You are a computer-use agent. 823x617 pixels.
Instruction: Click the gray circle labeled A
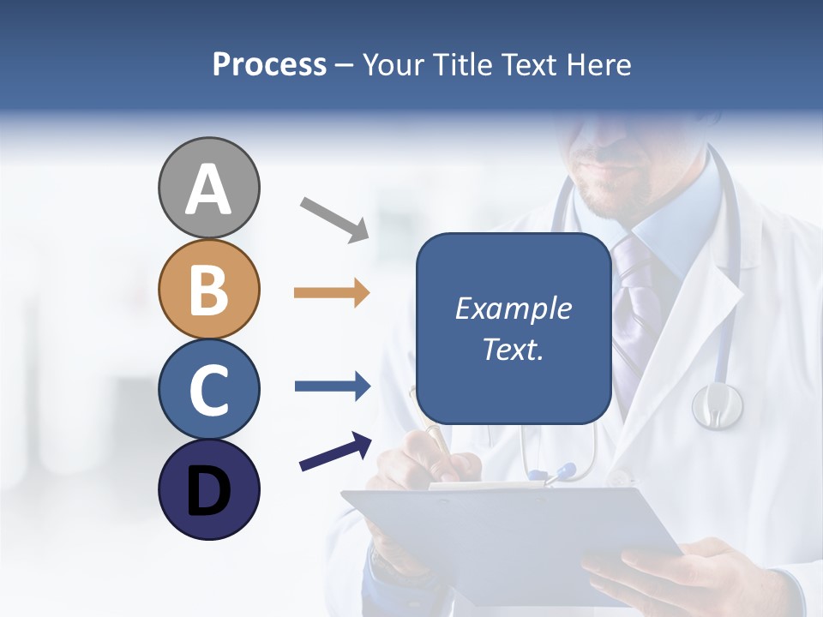click(x=208, y=188)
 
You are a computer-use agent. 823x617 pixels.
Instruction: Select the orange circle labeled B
click(x=208, y=289)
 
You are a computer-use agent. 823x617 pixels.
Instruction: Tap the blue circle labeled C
click(x=208, y=389)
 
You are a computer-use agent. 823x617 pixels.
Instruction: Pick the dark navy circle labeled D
click(x=208, y=489)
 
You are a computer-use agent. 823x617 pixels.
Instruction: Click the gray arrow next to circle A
click(x=334, y=219)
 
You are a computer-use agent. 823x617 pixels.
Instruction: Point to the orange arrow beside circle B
click(x=332, y=293)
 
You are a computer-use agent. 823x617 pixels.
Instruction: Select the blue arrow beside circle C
click(x=333, y=386)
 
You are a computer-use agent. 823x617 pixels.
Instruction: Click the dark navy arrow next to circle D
click(x=335, y=452)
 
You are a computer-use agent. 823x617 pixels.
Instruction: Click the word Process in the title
click(x=269, y=65)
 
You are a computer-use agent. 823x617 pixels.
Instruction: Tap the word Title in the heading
click(x=463, y=65)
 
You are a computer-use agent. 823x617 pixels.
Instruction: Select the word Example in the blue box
click(x=513, y=308)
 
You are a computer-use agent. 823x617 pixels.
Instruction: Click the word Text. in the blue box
click(x=513, y=349)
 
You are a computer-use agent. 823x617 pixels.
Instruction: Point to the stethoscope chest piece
click(x=717, y=404)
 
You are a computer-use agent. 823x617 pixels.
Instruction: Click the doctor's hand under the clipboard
click(x=669, y=574)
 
